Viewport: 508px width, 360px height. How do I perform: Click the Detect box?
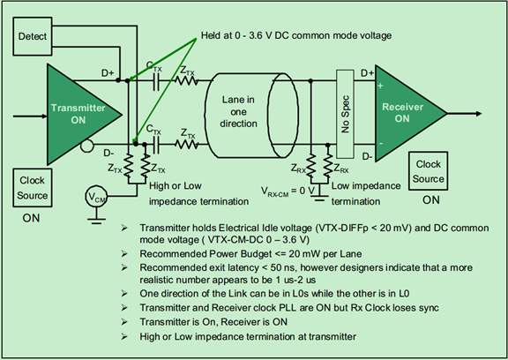(33, 36)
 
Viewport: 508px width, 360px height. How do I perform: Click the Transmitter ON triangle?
(78, 114)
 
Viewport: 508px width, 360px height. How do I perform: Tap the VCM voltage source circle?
(96, 196)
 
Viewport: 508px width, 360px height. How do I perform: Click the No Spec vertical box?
(345, 114)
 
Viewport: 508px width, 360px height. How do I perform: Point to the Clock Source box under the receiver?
(428, 171)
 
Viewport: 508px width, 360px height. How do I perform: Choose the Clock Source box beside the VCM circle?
(33, 188)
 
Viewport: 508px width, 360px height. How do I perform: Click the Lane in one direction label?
(238, 111)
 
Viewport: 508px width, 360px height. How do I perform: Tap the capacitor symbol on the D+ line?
(156, 80)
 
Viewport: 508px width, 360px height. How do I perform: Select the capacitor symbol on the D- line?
(156, 145)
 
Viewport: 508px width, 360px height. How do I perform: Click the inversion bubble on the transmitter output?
(86, 146)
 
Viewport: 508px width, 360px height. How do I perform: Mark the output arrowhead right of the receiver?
(479, 114)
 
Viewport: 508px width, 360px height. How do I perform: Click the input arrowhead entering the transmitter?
(44, 116)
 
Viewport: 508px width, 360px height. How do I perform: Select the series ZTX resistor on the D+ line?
(187, 80)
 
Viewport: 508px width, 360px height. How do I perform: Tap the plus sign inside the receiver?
(380, 86)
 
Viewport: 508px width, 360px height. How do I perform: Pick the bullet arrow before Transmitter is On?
(124, 322)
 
